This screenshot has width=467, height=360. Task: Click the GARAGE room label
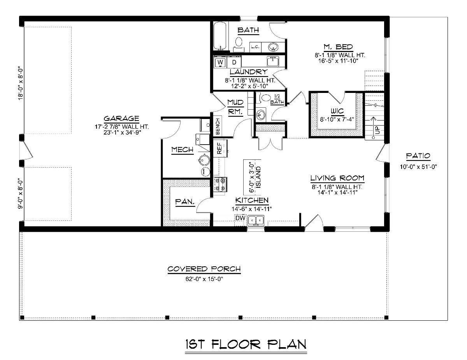[121, 119]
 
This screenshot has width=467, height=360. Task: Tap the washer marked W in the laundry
[220, 62]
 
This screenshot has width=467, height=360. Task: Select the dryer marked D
[234, 62]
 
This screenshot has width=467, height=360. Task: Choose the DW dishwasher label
[240, 218]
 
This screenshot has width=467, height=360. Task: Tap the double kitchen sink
[256, 221]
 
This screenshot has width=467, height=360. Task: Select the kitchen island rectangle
[252, 177]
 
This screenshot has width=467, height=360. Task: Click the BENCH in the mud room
[217, 126]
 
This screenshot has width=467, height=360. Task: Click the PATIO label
[418, 156]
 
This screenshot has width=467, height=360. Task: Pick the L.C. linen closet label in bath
[255, 47]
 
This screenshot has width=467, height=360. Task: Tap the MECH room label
[182, 150]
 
